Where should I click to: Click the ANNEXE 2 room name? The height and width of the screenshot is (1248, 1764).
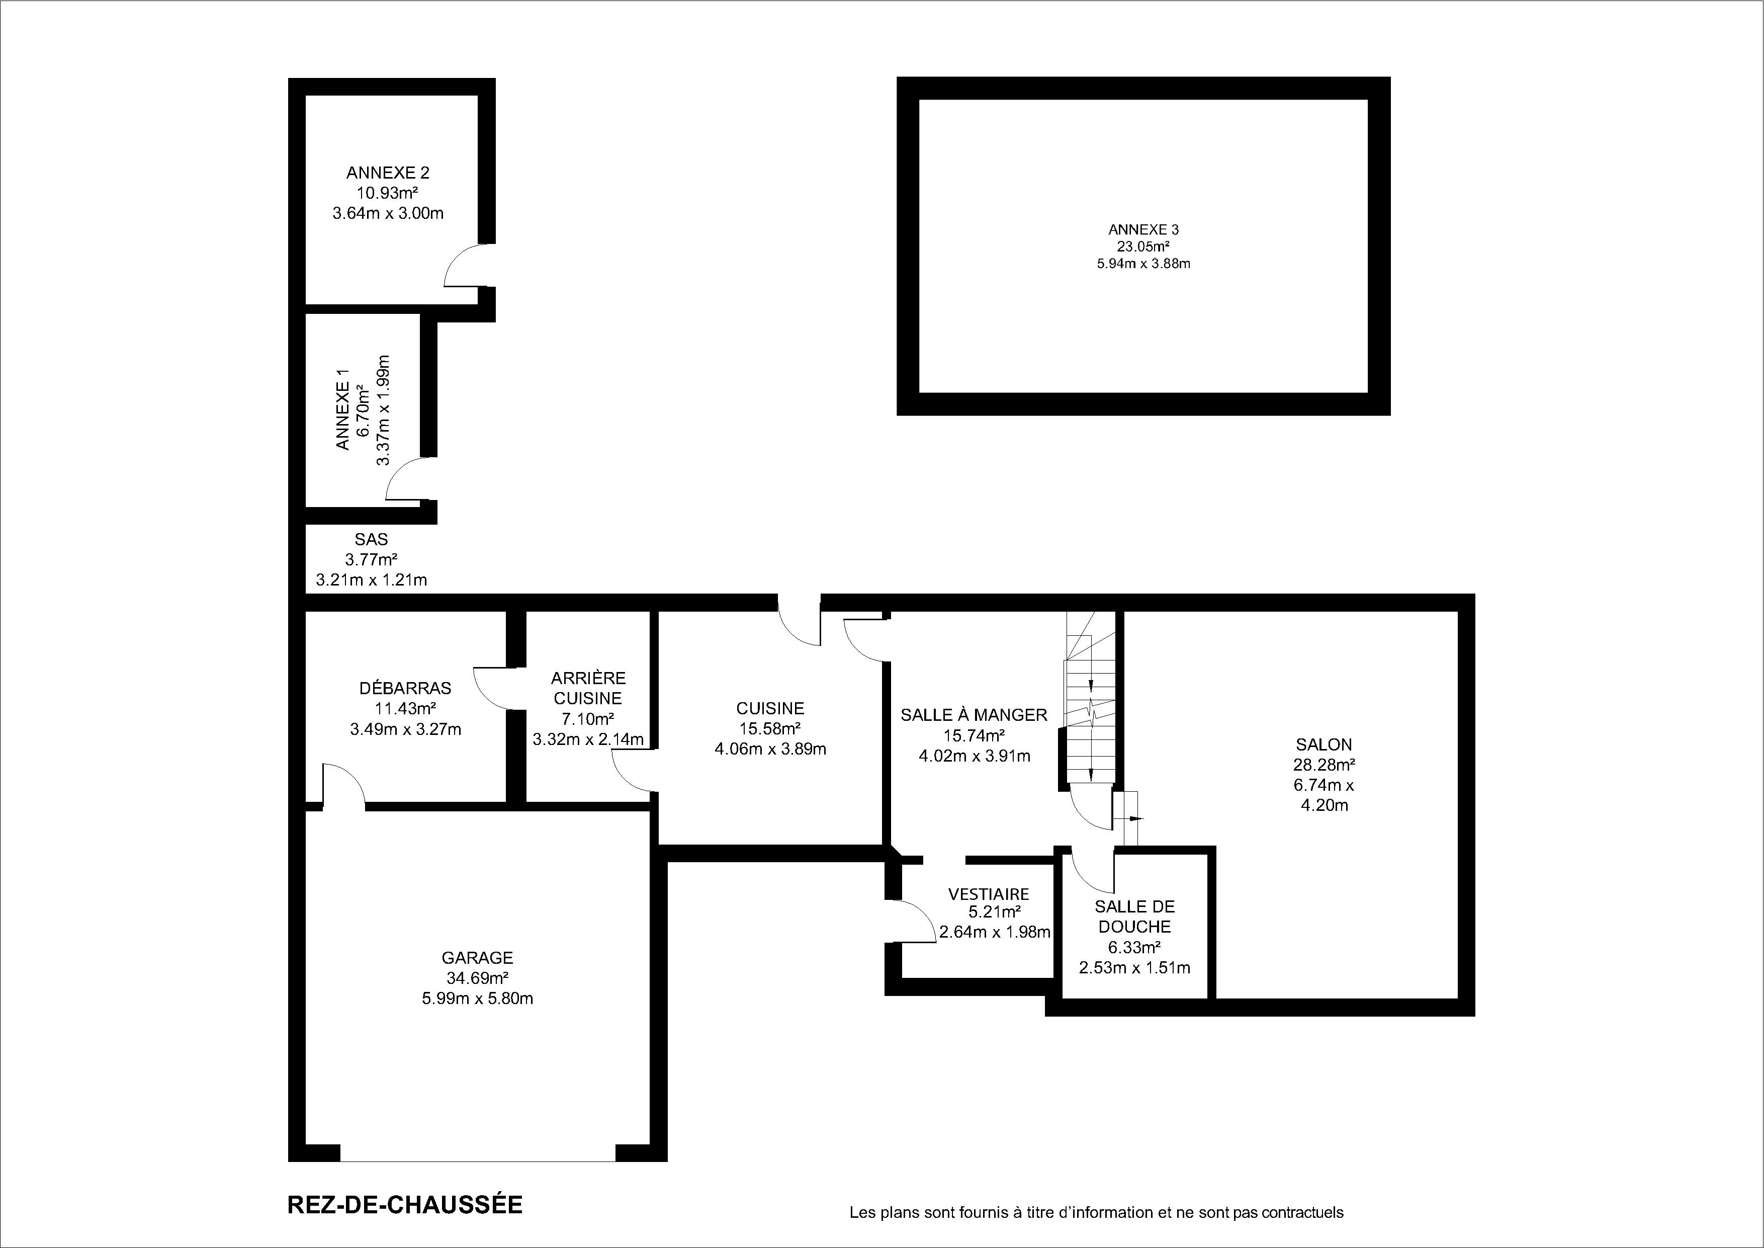(388, 173)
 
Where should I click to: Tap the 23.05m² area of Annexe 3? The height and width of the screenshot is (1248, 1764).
(1143, 246)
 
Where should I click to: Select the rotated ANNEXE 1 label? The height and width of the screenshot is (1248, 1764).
(342, 409)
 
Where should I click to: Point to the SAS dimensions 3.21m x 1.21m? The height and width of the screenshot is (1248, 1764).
(371, 580)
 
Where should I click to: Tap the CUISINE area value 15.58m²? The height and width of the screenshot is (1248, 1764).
(770, 728)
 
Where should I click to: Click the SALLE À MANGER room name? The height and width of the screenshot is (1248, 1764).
(974, 715)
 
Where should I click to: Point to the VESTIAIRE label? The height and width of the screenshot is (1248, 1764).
(989, 894)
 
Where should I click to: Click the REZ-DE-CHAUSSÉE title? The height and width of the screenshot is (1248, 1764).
(405, 1204)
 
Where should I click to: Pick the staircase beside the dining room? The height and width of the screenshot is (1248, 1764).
(1090, 699)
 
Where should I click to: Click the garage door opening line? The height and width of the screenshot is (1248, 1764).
(478, 1183)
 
